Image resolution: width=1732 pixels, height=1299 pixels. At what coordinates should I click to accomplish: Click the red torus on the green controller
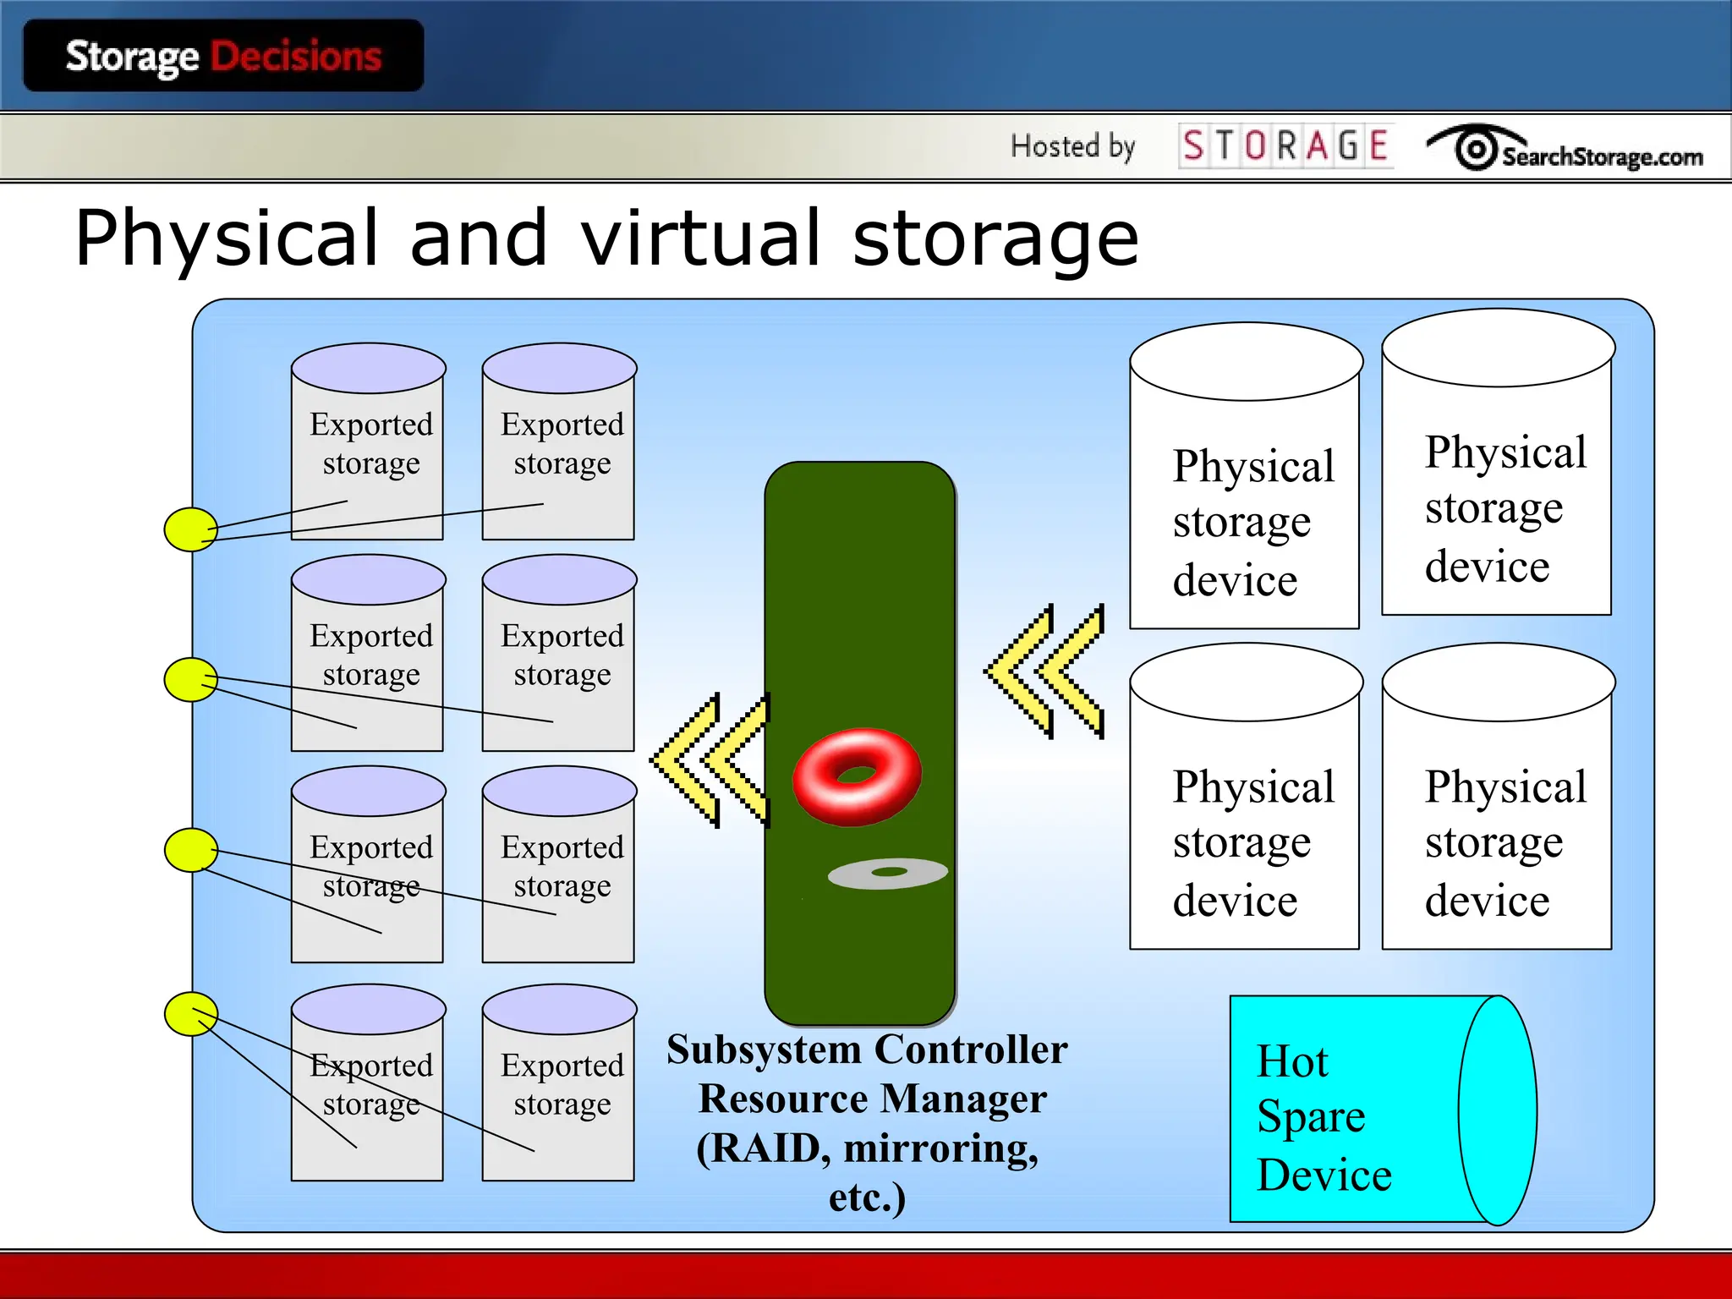tap(856, 776)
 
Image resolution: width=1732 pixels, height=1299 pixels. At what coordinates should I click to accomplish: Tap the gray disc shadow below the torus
tap(887, 874)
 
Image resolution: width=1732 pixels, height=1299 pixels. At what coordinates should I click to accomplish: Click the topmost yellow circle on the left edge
tap(190, 529)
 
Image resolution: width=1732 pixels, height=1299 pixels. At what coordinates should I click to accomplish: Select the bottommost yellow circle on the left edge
tap(190, 1014)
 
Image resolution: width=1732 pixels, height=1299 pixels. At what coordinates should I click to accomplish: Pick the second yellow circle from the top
tap(190, 680)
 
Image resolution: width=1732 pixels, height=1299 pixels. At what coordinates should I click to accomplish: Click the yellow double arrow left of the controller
tap(710, 759)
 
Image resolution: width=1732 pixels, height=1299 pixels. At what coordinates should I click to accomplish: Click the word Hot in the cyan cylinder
tap(1292, 1061)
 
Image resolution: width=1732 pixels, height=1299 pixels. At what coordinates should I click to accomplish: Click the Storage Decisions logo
tap(223, 57)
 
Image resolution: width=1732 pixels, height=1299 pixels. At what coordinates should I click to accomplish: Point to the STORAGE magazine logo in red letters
tap(1285, 145)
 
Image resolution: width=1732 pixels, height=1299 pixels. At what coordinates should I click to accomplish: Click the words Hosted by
tap(1072, 146)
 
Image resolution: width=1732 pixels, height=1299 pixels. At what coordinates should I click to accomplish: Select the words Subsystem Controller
tap(866, 1050)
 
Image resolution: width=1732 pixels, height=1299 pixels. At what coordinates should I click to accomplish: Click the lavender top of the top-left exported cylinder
tap(368, 368)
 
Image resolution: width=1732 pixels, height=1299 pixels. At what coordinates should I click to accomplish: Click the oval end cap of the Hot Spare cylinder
tap(1497, 1110)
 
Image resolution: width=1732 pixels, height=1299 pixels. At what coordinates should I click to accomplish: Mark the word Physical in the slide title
tap(226, 239)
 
